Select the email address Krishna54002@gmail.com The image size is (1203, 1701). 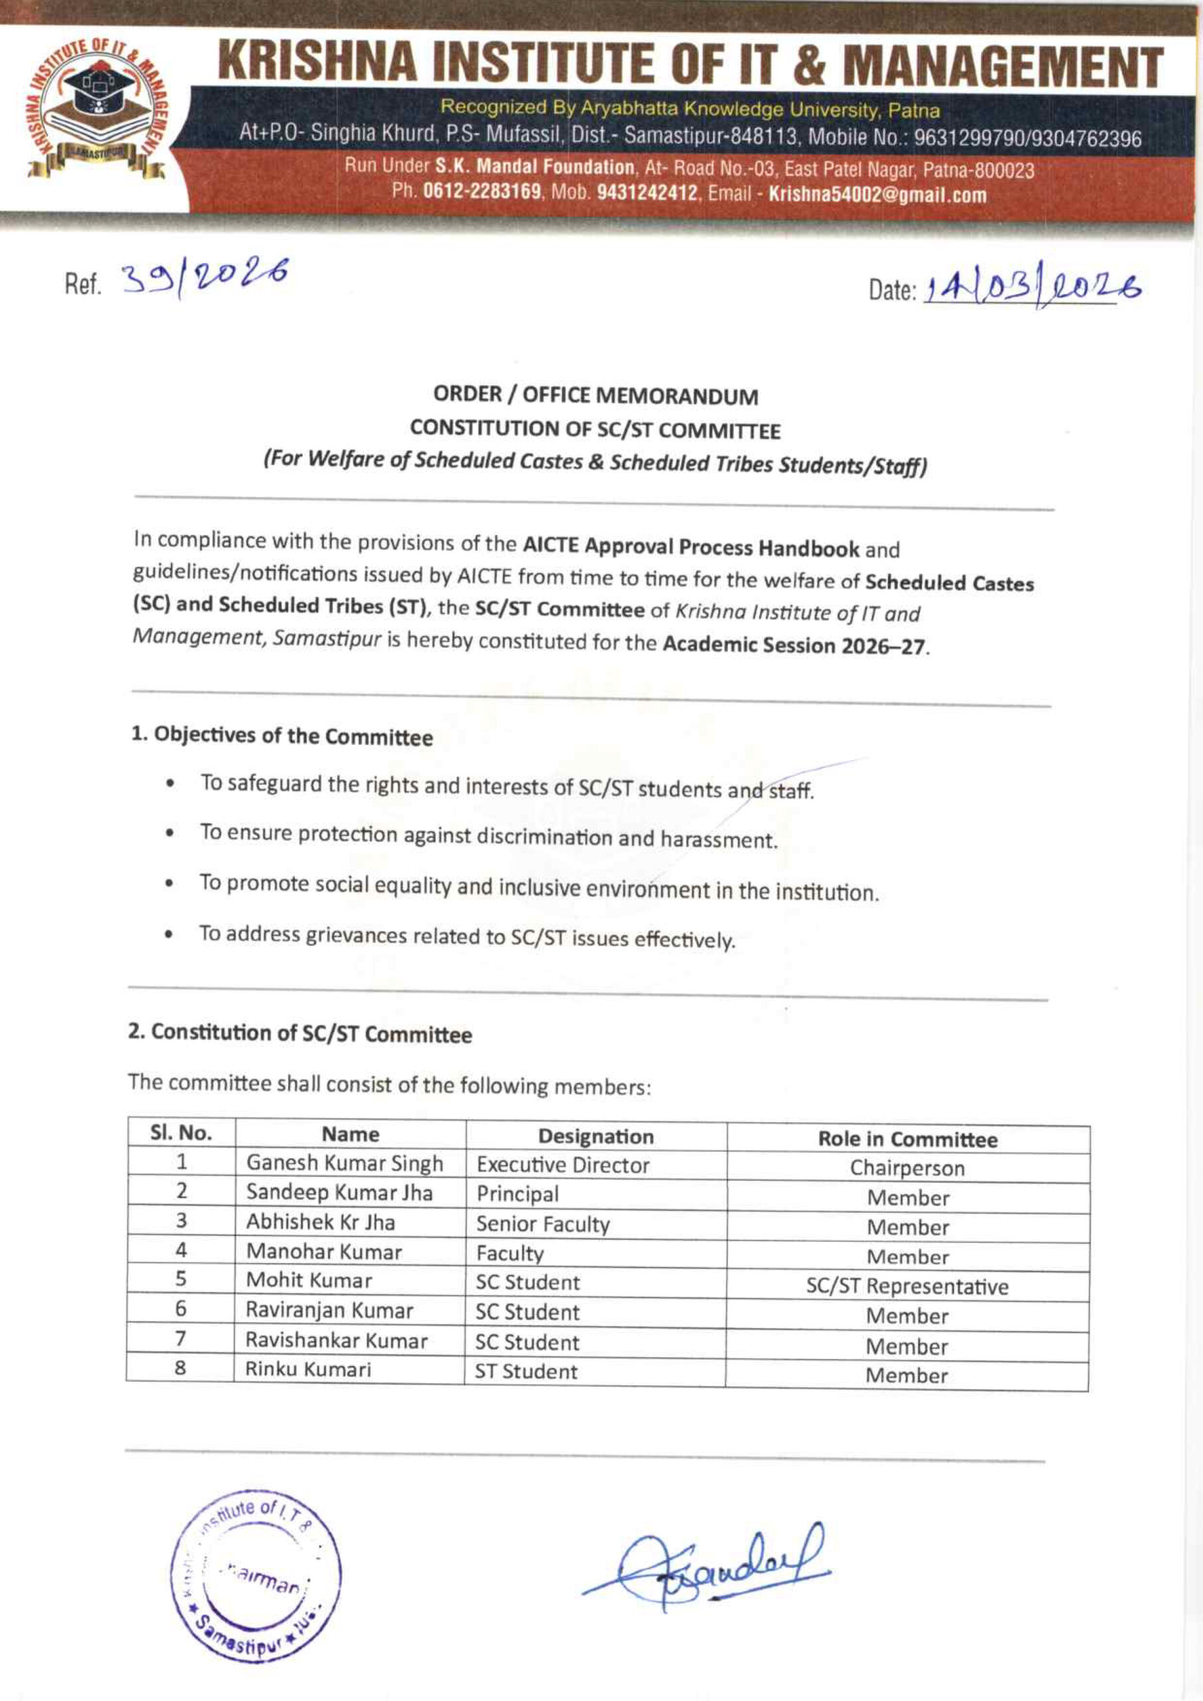(878, 195)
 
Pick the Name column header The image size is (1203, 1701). (350, 1134)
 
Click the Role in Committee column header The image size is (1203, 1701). (907, 1139)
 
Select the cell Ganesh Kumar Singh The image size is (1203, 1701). (345, 1163)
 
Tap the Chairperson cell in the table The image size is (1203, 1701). (907, 1168)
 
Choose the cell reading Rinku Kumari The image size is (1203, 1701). (308, 1369)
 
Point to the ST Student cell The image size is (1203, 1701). (526, 1371)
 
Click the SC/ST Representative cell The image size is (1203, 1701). (907, 1286)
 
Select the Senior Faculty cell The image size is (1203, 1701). (543, 1224)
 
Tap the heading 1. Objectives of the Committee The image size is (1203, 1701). (282, 736)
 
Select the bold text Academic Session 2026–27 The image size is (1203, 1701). (794, 645)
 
